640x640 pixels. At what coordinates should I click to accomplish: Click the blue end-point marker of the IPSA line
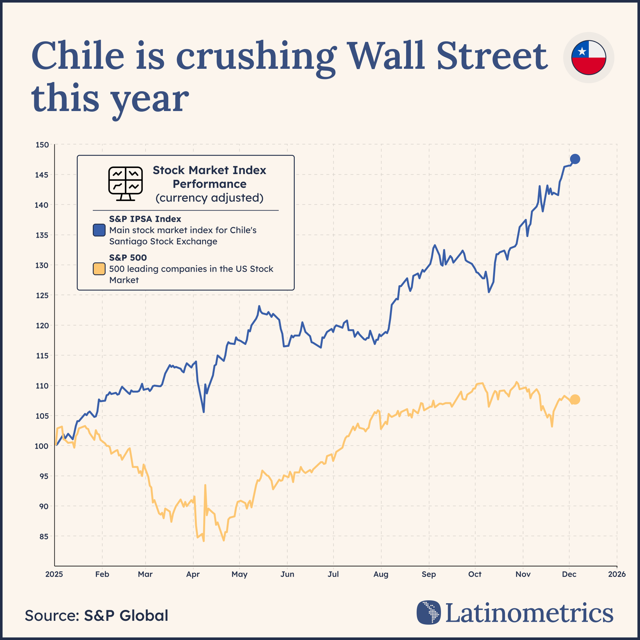[575, 159]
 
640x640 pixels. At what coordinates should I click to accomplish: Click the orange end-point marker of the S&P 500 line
[575, 399]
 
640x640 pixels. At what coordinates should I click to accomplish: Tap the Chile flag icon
[589, 58]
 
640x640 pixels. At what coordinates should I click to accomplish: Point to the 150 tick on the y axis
[42, 145]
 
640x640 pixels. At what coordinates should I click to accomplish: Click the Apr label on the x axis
[193, 574]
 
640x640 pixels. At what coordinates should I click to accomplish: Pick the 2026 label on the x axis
[617, 574]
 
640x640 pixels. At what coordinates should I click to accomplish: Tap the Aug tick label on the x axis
[380, 574]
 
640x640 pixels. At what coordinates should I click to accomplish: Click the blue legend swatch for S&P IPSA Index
[99, 230]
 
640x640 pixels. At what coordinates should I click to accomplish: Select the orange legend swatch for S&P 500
[99, 269]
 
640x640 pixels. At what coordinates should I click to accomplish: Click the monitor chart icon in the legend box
[125, 183]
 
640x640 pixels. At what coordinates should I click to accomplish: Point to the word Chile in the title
[78, 56]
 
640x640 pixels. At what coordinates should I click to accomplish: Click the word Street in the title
[492, 56]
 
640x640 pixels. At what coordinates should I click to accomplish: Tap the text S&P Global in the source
[126, 615]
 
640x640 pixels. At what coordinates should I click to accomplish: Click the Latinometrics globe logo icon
[429, 612]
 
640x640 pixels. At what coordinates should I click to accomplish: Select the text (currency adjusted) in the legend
[209, 198]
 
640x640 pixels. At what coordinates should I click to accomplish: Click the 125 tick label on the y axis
[42, 295]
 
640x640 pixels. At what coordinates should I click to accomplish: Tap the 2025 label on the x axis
[54, 574]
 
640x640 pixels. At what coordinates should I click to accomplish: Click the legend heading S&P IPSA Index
[145, 219]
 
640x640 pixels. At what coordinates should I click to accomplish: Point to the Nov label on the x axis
[523, 574]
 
